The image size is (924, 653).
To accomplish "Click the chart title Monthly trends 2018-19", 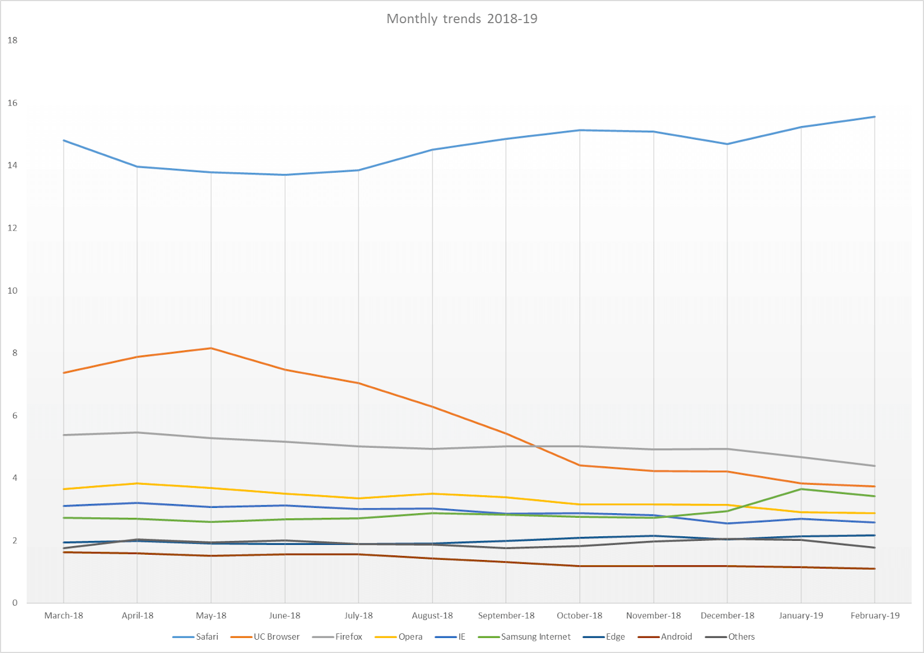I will pos(461,18).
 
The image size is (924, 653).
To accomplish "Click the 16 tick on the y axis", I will pos(13,103).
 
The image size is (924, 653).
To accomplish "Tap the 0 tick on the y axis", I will pos(15,603).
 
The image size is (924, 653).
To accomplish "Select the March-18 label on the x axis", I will pos(64,615).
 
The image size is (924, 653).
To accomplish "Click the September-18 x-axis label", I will pos(506,615).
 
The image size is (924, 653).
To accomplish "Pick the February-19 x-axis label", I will pos(874,615).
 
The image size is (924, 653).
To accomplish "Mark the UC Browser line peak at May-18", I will pos(211,348).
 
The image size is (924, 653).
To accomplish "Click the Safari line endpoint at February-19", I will pos(874,117).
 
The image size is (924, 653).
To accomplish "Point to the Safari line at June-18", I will pos(285,175).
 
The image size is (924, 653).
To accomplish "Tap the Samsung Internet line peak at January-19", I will pos(801,489).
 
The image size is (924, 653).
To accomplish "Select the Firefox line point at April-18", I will pos(137,432).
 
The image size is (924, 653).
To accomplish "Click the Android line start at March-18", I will pos(64,552).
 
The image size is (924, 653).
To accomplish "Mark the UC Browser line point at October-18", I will pos(580,465).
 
